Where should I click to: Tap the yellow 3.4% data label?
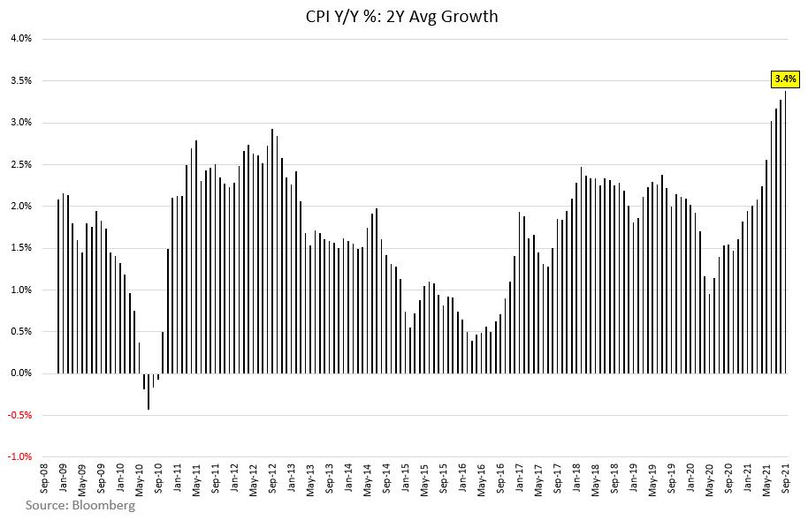pyautogui.click(x=785, y=79)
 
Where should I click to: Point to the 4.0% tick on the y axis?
pyautogui.click(x=21, y=39)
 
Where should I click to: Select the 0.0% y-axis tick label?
pyautogui.click(x=21, y=373)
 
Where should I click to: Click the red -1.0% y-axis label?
pyautogui.click(x=20, y=457)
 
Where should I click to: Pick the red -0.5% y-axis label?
pyautogui.click(x=20, y=416)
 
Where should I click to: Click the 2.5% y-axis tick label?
pyautogui.click(x=21, y=164)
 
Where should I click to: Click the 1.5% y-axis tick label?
pyautogui.click(x=21, y=248)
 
